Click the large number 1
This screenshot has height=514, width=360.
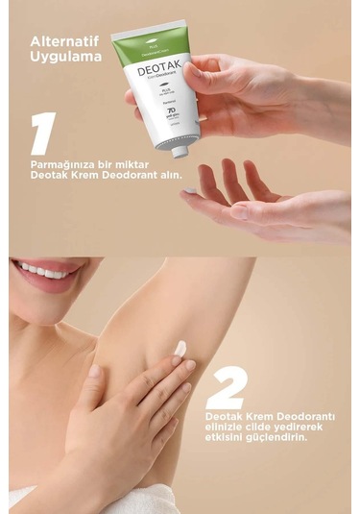tap(41, 134)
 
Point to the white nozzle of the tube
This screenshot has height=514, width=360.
tap(180, 149)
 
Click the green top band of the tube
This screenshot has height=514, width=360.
tap(143, 44)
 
